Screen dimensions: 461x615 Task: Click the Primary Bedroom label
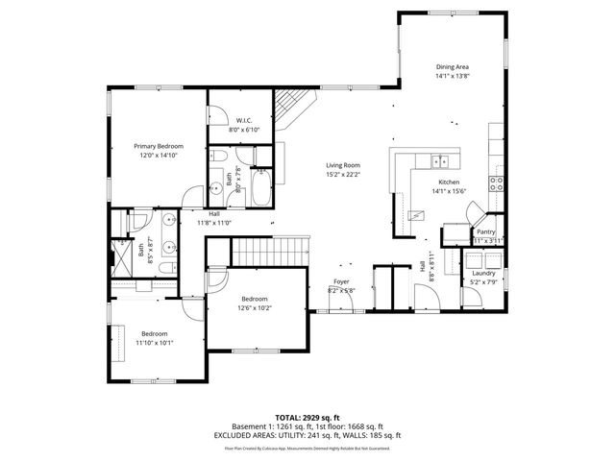[158, 146]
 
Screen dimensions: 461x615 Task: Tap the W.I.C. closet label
[244, 121]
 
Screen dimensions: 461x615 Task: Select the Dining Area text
[451, 66]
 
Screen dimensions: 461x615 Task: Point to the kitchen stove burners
[497, 182]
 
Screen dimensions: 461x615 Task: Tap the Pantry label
[486, 231]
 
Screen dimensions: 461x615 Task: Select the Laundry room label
[482, 273]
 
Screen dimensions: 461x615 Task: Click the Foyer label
[341, 280]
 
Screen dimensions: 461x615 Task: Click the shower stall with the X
[123, 257]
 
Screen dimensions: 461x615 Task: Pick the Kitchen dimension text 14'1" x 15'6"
[449, 191]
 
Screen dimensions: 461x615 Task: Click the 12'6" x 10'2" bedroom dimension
[255, 308]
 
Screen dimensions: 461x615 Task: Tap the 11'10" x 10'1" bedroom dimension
[154, 342]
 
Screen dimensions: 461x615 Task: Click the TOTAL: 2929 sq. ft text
[307, 417]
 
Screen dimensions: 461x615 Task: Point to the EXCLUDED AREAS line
[307, 435]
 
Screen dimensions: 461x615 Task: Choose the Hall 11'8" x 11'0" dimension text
[214, 222]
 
